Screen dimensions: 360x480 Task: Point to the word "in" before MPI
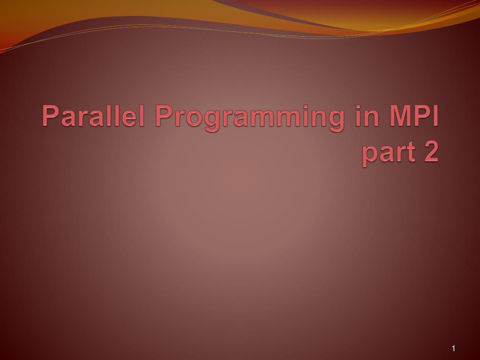point(366,115)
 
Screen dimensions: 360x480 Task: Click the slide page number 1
point(454,348)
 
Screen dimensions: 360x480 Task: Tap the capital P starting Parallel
point(50,115)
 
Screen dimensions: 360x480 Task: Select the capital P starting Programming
point(164,115)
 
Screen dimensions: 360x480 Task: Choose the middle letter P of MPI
point(421,115)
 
